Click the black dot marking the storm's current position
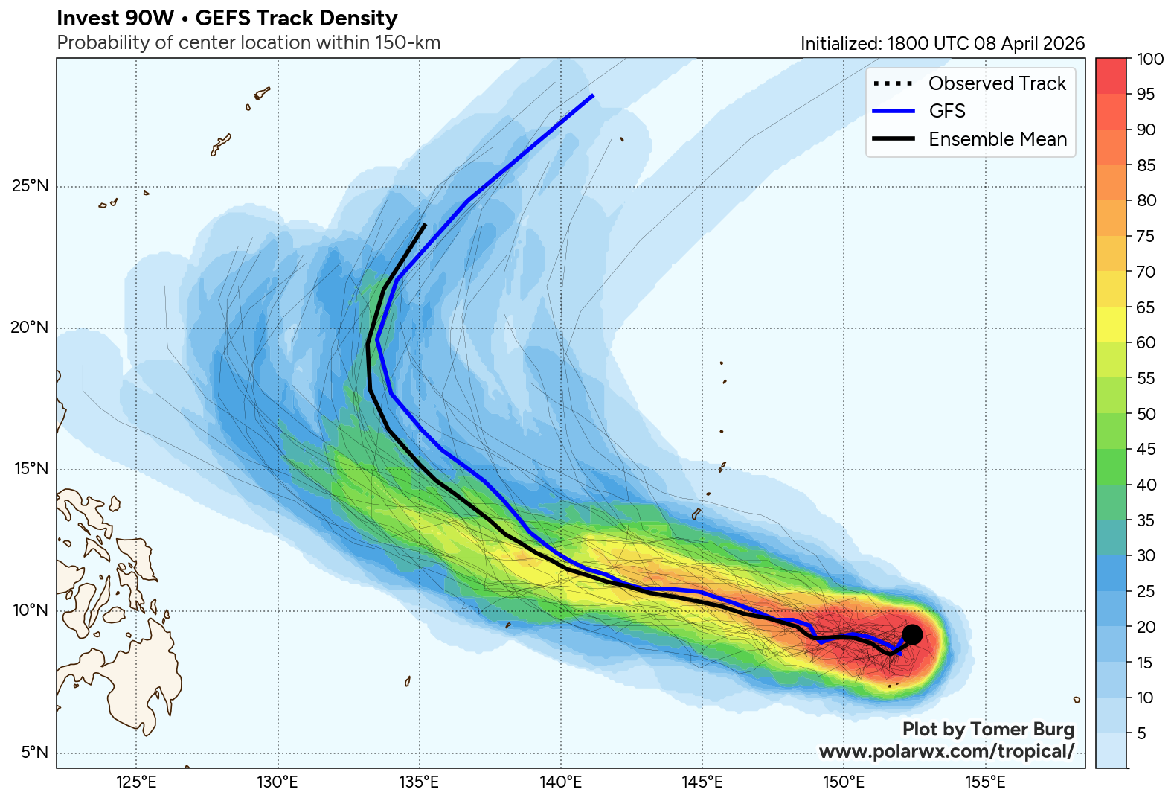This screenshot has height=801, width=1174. tap(912, 634)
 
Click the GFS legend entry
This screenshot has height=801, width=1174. tap(946, 111)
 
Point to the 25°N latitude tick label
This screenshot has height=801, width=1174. tap(31, 186)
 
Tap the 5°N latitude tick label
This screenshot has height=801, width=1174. tap(34, 753)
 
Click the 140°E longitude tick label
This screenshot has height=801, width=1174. tap(560, 782)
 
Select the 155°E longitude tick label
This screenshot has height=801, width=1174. tap(985, 782)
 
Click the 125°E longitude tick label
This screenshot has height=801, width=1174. tap(136, 782)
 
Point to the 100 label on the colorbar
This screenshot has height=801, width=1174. tap(1150, 60)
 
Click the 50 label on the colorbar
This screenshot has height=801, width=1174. tap(1146, 414)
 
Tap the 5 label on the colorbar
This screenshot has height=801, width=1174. tap(1142, 733)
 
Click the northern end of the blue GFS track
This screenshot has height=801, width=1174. tap(593, 95)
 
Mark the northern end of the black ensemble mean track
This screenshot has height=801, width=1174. tap(425, 224)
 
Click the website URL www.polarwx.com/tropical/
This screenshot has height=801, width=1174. tap(946, 751)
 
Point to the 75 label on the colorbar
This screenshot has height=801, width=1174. tap(1146, 236)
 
